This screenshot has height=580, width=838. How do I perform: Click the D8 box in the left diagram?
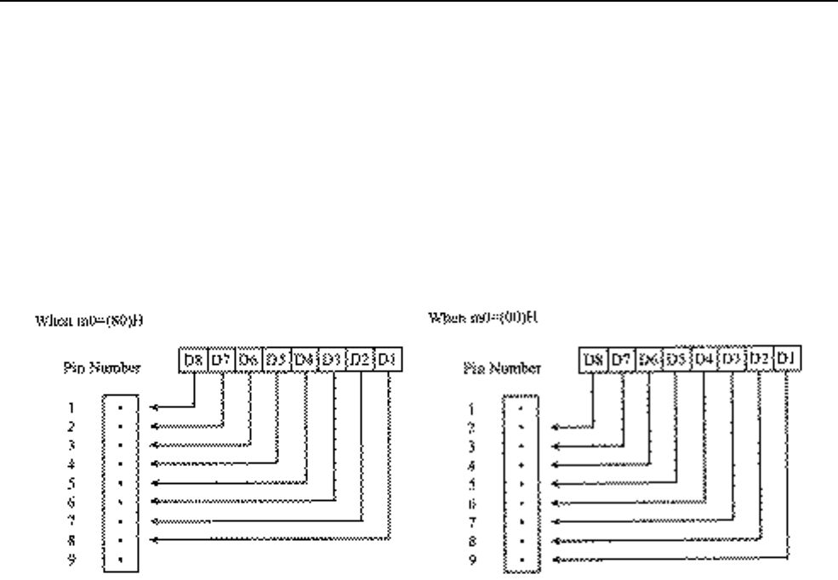tap(194, 360)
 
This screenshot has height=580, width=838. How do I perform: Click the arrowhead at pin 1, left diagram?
tap(153, 407)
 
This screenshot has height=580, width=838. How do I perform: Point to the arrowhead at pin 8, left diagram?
tap(153, 539)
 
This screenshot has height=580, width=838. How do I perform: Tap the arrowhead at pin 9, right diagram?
tap(555, 559)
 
